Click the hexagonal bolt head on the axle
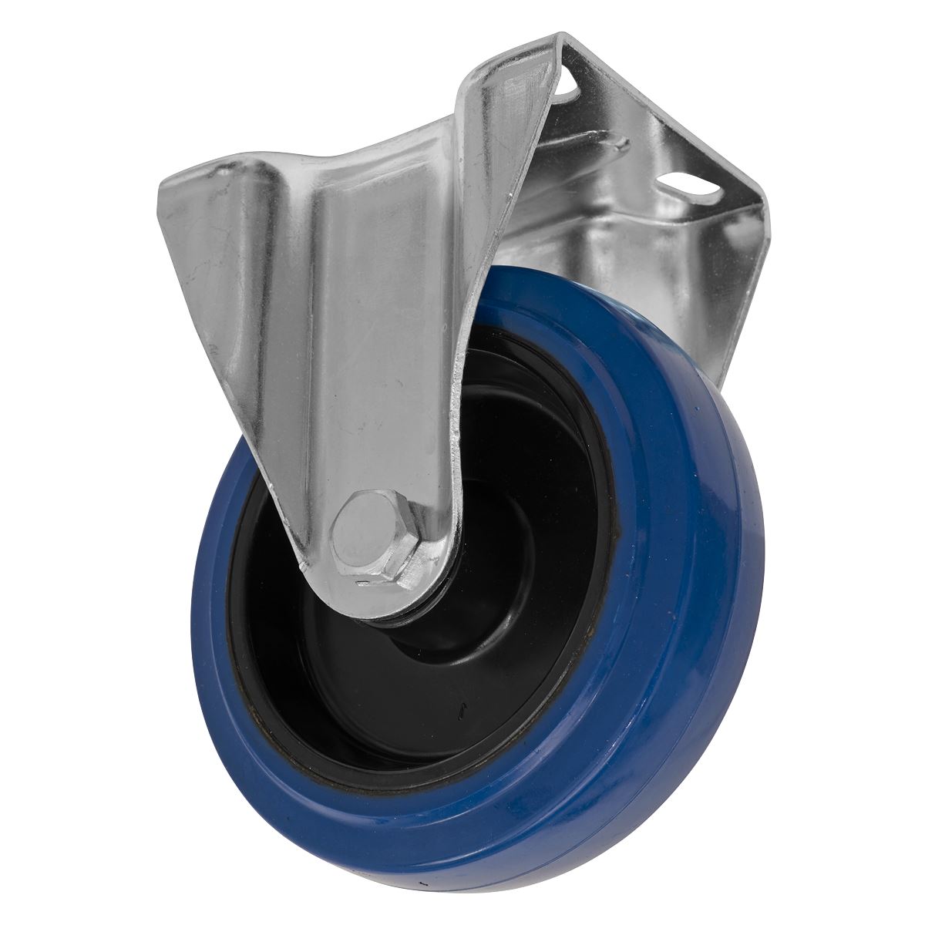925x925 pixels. tap(366, 532)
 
